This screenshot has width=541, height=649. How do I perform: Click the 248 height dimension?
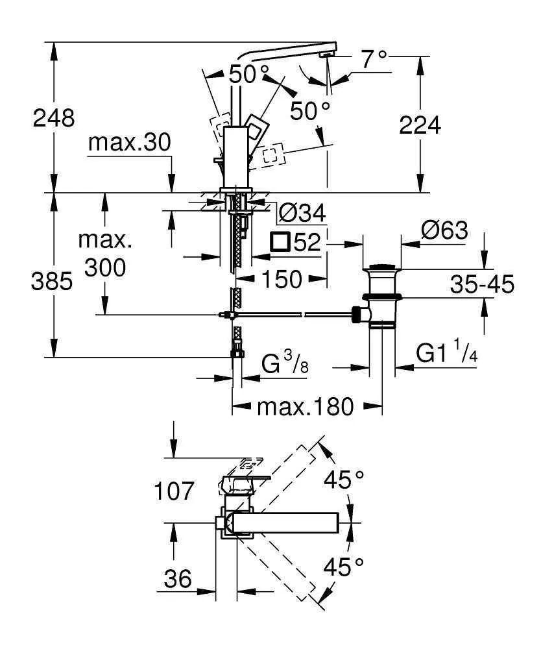[55, 117]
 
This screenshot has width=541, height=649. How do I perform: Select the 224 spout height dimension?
[420, 125]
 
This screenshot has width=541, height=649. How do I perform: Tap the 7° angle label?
[374, 59]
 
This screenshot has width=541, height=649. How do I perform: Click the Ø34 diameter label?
[300, 212]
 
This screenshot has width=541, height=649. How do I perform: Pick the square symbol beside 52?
[280, 242]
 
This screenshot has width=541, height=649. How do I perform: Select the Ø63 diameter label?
[444, 230]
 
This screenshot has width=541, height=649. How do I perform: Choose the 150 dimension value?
[282, 278]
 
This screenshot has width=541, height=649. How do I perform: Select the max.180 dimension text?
[306, 407]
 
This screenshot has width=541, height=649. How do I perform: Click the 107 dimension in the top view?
[174, 491]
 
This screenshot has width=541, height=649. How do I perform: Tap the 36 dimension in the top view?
[176, 578]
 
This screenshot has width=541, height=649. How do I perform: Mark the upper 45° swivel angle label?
[344, 480]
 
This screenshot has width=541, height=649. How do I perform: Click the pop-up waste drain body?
[381, 295]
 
